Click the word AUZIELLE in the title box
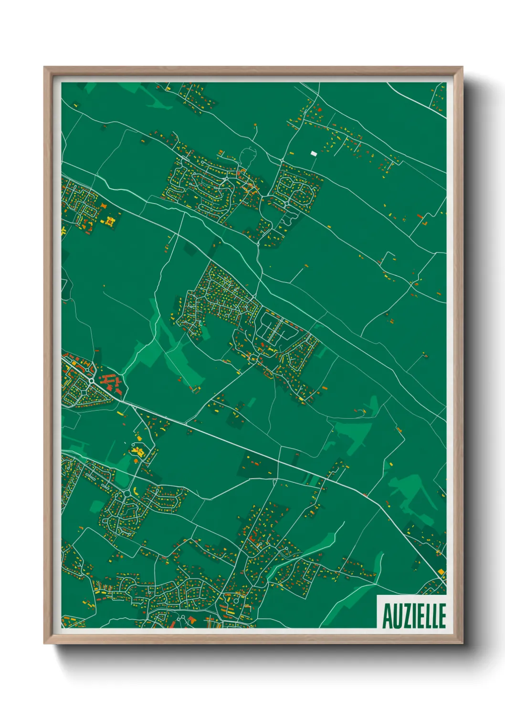414,616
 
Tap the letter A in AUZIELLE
387,616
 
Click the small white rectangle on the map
314,153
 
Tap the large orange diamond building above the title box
441,571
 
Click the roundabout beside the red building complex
91,381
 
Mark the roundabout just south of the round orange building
126,493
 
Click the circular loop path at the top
248,155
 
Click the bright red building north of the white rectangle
320,110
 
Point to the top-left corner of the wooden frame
44,67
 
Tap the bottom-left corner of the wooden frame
44,644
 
